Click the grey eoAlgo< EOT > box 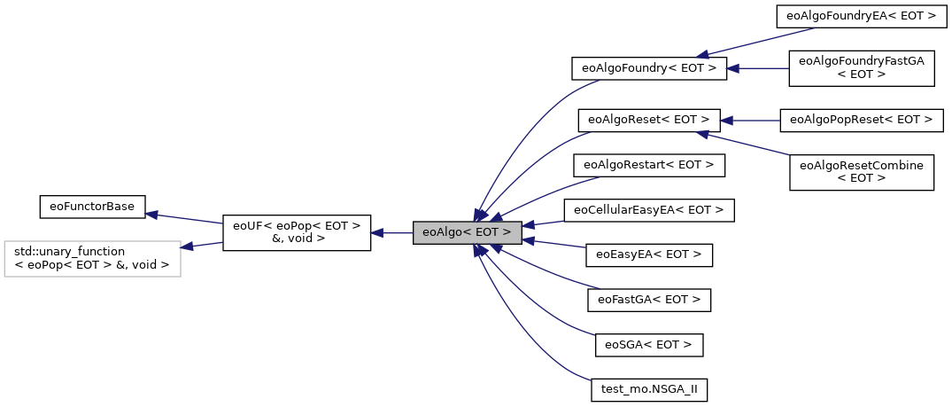(x=467, y=233)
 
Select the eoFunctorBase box (x=92, y=207)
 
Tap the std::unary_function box (x=92, y=258)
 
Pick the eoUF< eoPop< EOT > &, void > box (x=296, y=233)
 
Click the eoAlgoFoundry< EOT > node (x=649, y=68)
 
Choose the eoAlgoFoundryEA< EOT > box (x=855, y=16)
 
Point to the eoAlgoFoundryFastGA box (x=861, y=68)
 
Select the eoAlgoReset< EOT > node (x=648, y=119)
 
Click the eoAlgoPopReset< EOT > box (x=860, y=119)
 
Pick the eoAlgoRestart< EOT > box (x=649, y=165)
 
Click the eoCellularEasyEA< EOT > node (x=649, y=210)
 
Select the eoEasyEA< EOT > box (x=649, y=254)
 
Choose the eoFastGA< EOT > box (x=649, y=300)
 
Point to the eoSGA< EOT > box (x=648, y=344)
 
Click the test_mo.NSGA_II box (x=649, y=389)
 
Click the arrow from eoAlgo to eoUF (x=391, y=233)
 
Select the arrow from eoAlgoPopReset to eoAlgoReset (x=749, y=119)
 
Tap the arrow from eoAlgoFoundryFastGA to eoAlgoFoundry (x=758, y=68)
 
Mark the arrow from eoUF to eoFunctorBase (x=183, y=218)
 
